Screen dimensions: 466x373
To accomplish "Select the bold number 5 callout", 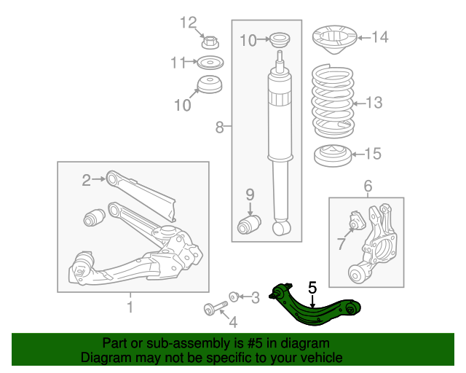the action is coord(312,288).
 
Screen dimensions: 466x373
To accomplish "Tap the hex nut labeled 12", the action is coord(210,42).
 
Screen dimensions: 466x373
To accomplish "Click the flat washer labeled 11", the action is coord(210,63).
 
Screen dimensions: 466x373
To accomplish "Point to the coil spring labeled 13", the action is coord(333,101).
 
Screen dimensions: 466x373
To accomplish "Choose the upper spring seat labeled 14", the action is coord(334,39).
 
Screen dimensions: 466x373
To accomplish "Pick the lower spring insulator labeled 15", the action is coord(333,156).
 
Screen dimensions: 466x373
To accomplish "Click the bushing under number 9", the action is coord(249,225).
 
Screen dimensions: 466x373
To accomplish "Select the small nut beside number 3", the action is coord(234,297).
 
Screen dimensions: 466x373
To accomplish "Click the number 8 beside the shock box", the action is coord(219,127).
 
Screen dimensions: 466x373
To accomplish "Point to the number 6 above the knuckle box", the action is coord(368,186).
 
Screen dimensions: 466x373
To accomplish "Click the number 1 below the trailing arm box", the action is coord(130,307).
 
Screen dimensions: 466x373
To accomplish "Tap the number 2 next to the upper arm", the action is coord(86,180).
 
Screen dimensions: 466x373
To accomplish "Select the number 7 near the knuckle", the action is coord(341,244).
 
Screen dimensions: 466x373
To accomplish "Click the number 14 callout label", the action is coord(380,37).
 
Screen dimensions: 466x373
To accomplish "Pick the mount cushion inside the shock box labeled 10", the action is coord(280,39).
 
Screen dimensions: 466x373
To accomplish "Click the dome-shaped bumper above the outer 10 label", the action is coord(210,85).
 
